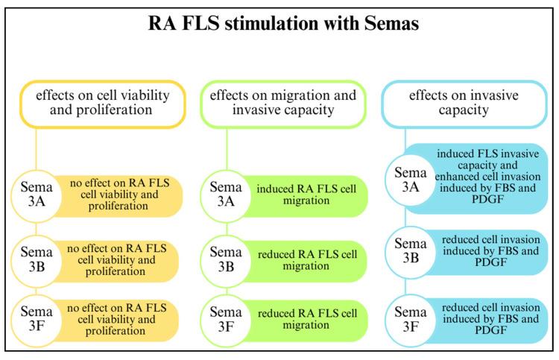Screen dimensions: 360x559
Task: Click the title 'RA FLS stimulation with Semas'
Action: pyautogui.click(x=279, y=23)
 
